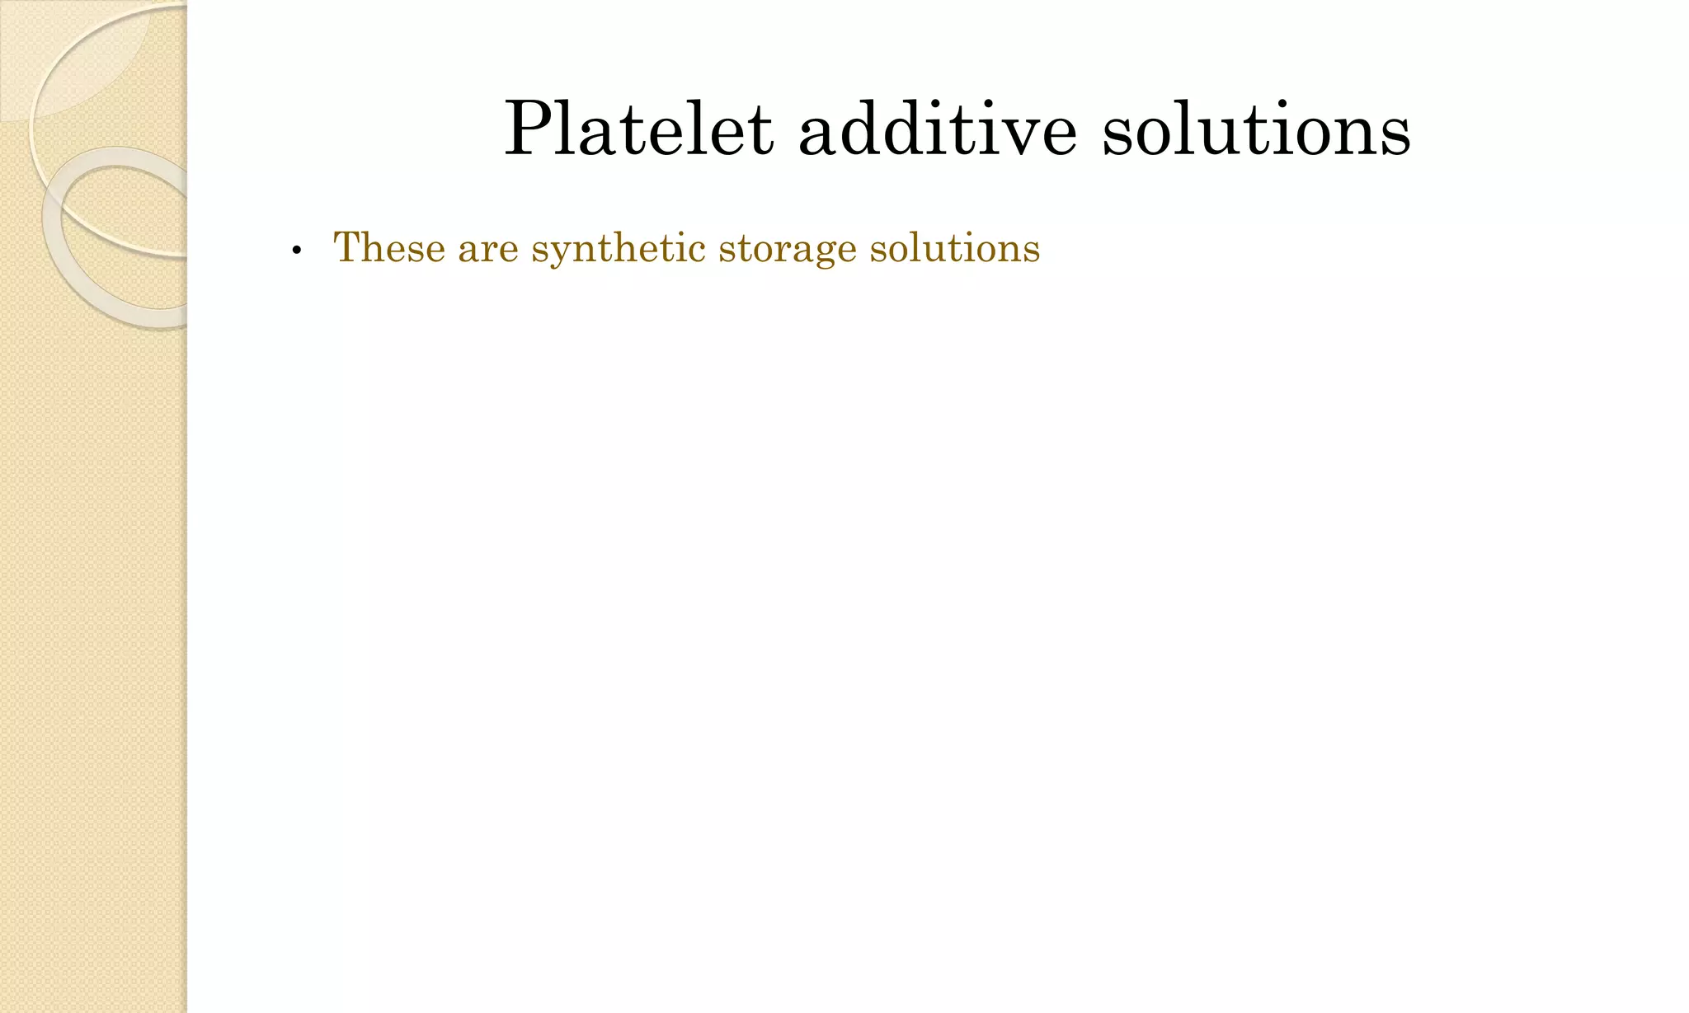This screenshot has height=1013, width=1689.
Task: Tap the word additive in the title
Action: pyautogui.click(x=938, y=130)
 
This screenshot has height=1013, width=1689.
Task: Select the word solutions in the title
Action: pyautogui.click(x=1256, y=130)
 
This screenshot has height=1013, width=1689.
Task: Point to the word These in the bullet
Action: pyautogui.click(x=388, y=248)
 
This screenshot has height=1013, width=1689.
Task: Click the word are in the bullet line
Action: pyautogui.click(x=488, y=249)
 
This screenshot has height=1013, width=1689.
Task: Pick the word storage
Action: pyautogui.click(x=787, y=249)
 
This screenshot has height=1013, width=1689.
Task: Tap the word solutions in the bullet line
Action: pyautogui.click(x=955, y=248)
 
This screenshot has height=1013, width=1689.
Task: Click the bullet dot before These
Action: pyautogui.click(x=296, y=251)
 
